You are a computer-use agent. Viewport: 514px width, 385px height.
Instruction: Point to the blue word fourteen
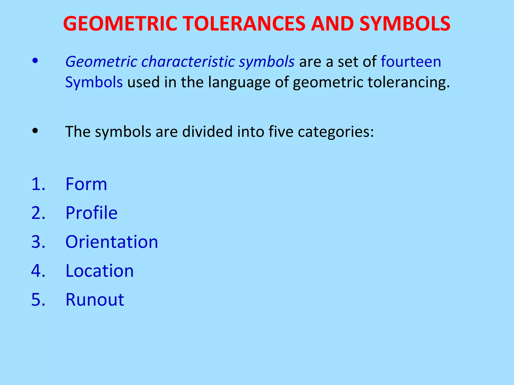click(411, 62)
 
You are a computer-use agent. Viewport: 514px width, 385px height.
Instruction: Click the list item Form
click(86, 184)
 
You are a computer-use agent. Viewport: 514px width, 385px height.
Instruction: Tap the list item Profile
click(91, 213)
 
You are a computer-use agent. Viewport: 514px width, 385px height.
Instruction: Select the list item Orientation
click(112, 242)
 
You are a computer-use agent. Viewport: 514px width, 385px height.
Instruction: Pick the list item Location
click(99, 271)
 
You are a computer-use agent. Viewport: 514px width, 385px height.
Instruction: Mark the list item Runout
click(95, 300)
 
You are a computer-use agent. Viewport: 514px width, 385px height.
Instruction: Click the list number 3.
click(38, 242)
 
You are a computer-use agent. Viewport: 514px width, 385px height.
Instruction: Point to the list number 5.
click(38, 300)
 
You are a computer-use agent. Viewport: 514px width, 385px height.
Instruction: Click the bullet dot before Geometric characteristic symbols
click(35, 61)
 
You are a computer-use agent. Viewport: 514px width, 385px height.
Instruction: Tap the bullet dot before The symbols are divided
click(35, 131)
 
